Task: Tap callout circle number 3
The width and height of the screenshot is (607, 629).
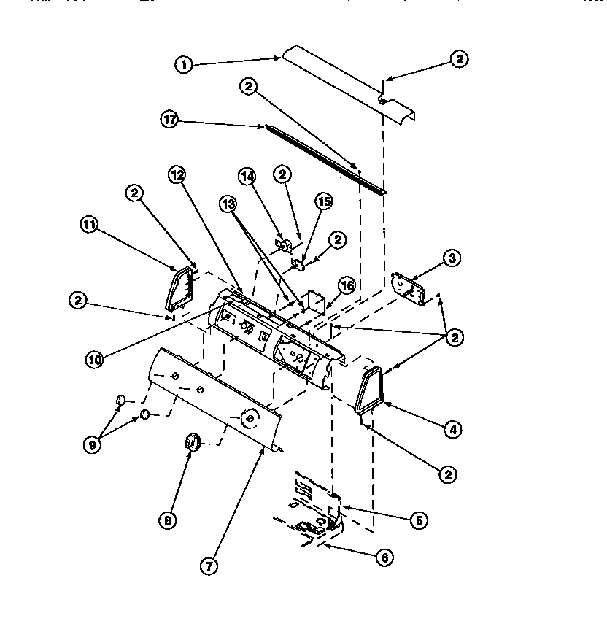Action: [x=452, y=258]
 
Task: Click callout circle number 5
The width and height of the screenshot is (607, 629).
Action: [x=418, y=520]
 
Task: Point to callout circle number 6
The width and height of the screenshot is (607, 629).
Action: [x=384, y=558]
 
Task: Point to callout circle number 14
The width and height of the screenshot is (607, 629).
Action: [x=247, y=176]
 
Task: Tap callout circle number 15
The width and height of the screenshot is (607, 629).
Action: [x=323, y=201]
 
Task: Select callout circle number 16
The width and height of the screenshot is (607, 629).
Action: [x=345, y=285]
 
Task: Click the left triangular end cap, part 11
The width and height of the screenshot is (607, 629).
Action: [x=179, y=288]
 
